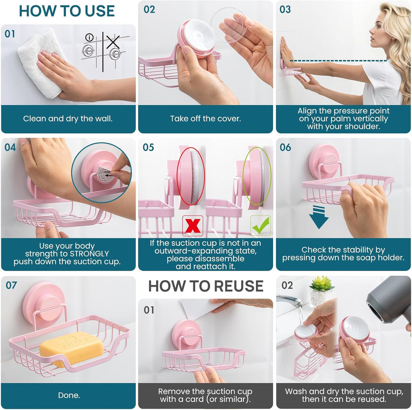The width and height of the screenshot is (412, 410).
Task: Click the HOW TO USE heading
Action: (67, 11)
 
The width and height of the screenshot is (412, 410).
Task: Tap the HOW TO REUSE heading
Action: (206, 286)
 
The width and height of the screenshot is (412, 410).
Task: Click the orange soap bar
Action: (71, 348)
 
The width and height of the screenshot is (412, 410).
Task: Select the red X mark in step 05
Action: (193, 226)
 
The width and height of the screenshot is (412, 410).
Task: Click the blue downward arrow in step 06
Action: (319, 217)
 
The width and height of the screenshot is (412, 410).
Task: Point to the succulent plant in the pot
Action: (322, 284)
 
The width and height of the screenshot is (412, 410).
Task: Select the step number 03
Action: (285, 10)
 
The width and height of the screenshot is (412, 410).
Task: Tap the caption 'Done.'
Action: (69, 395)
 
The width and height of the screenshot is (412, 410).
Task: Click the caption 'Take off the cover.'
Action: (205, 118)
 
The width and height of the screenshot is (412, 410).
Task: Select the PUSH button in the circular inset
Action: (106, 173)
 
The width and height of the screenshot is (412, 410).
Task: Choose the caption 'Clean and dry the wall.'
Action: (68, 118)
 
